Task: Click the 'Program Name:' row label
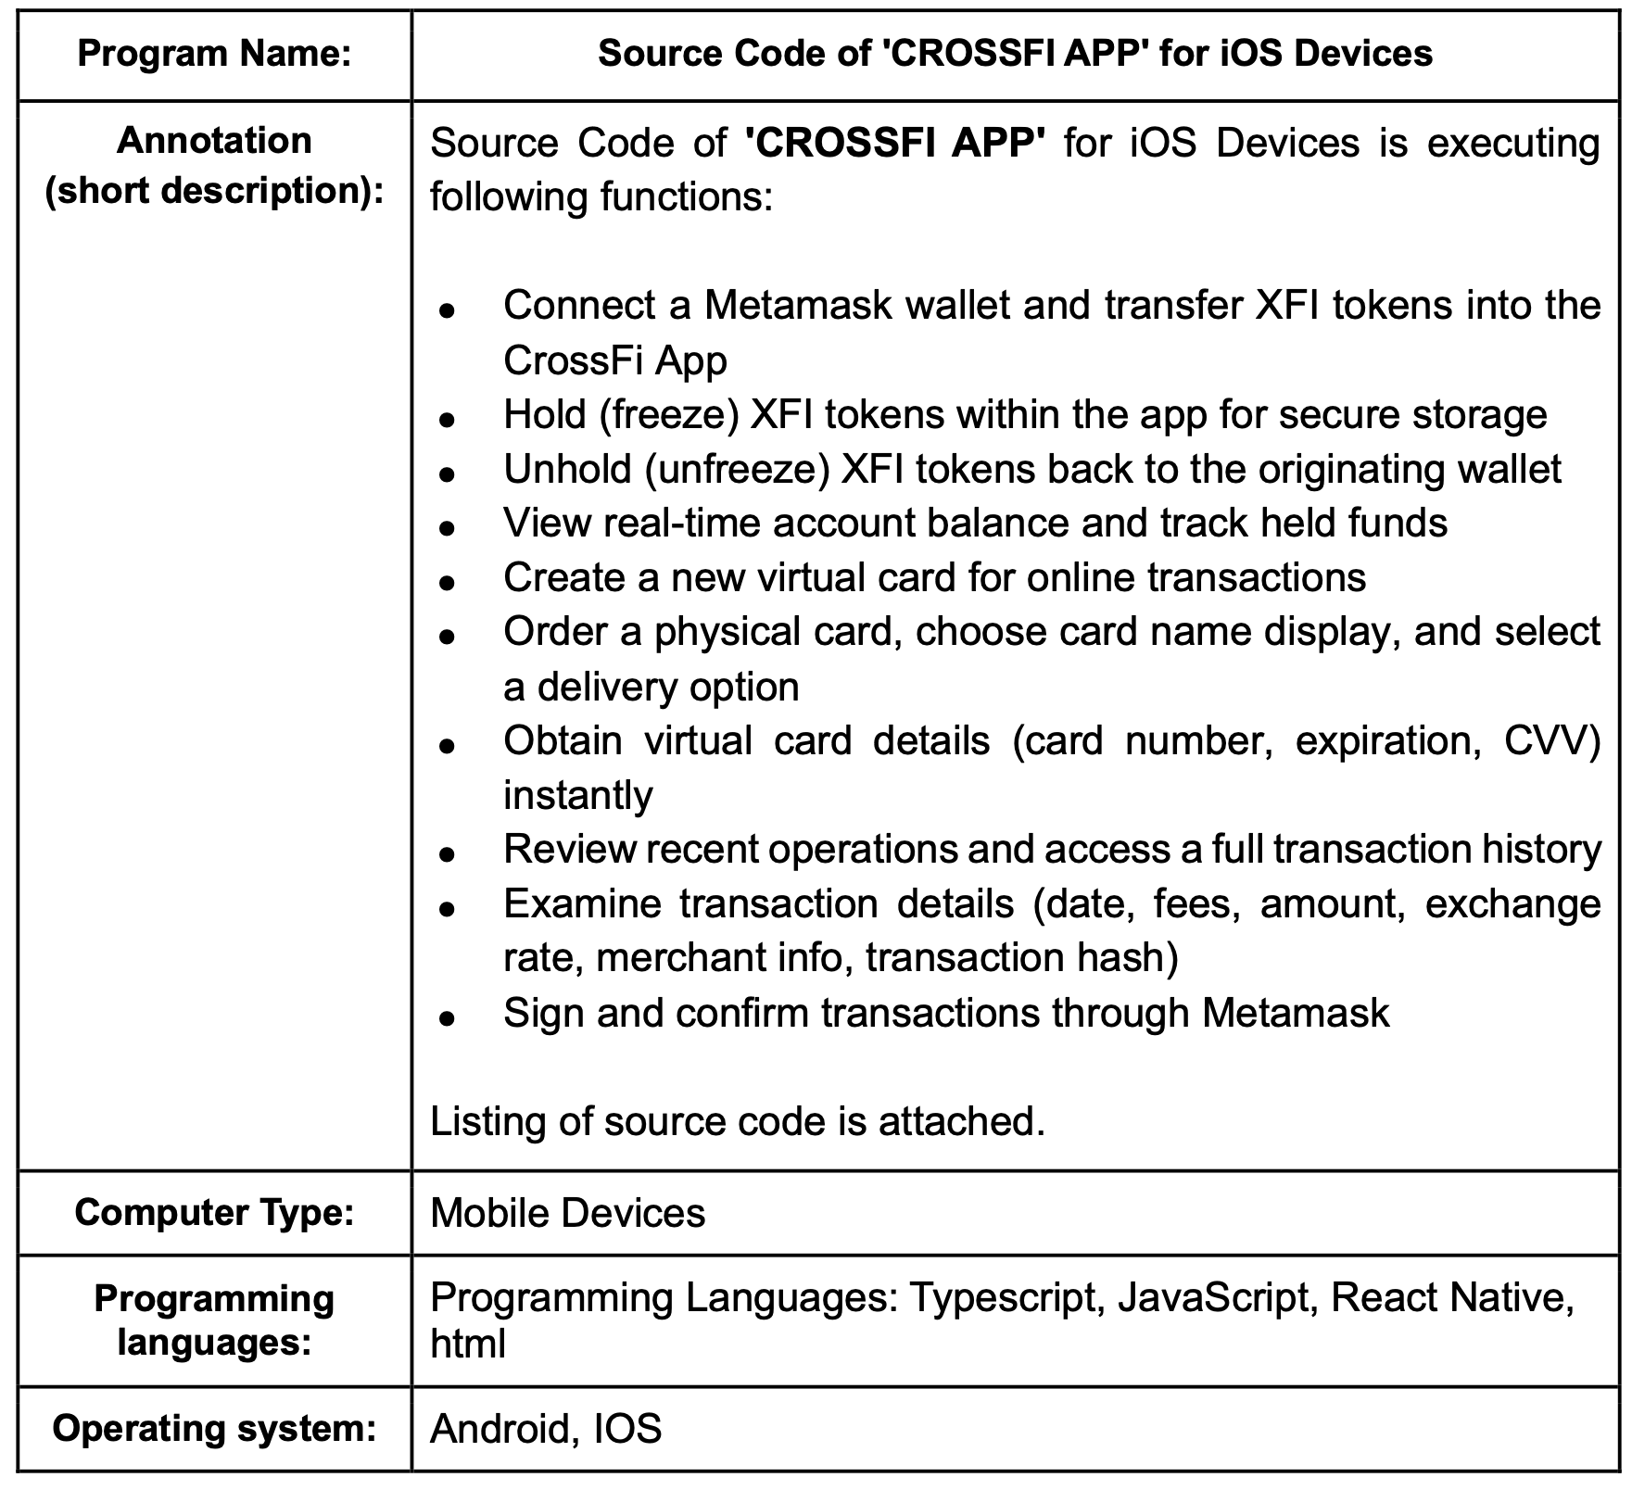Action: tap(214, 54)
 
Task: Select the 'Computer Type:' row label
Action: tap(214, 1212)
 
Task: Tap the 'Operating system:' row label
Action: tap(214, 1428)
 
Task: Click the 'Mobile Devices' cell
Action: tap(567, 1213)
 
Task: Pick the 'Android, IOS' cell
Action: tap(546, 1429)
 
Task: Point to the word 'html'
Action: tap(468, 1344)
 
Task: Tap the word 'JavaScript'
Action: tap(1213, 1297)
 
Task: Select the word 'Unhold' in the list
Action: tap(567, 469)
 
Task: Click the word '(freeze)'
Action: tap(668, 414)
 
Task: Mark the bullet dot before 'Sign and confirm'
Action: tap(448, 1017)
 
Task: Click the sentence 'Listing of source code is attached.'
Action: tap(738, 1121)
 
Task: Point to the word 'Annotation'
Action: tap(214, 141)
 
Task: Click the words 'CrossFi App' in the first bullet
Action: tap(614, 360)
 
